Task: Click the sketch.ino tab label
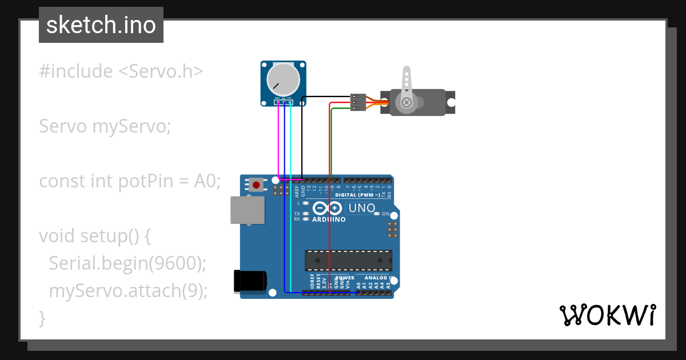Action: click(x=101, y=25)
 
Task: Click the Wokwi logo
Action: click(x=607, y=315)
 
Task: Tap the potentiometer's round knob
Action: click(x=284, y=79)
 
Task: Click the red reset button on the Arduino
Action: click(x=257, y=185)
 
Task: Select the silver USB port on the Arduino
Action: click(x=247, y=210)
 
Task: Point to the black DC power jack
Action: click(x=250, y=281)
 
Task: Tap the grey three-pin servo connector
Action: click(x=357, y=102)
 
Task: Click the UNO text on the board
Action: click(x=361, y=209)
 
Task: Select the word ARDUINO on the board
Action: click(x=329, y=219)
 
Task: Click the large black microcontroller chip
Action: click(x=348, y=260)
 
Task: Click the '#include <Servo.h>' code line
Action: click(x=121, y=71)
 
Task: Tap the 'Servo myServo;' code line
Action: click(x=105, y=126)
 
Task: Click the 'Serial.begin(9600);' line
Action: click(x=127, y=263)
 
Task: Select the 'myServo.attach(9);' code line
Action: click(x=128, y=290)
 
